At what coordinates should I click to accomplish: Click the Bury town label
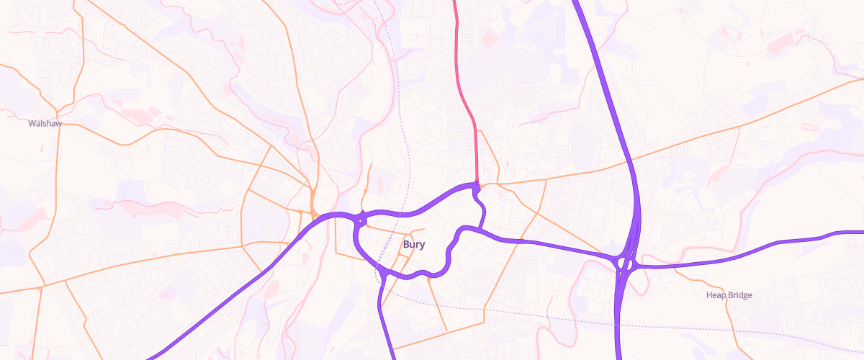click(413, 245)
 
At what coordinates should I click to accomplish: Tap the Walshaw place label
click(45, 124)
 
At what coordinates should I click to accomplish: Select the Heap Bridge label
click(729, 295)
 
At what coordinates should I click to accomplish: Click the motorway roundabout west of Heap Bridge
click(624, 264)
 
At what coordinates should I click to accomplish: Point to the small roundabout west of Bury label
click(361, 218)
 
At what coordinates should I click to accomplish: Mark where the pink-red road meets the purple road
click(477, 185)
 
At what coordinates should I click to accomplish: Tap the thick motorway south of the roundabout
click(620, 324)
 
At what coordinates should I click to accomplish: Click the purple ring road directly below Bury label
click(418, 274)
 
